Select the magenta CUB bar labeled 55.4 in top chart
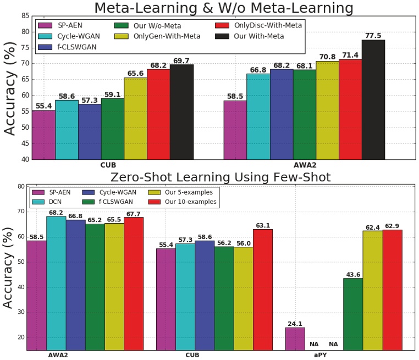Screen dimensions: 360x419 43,135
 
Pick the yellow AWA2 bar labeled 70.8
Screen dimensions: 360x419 327,110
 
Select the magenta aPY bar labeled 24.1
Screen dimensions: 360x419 295,339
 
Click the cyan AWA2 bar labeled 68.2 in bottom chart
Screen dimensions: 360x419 56,283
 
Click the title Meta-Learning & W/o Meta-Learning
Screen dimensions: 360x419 223,8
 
